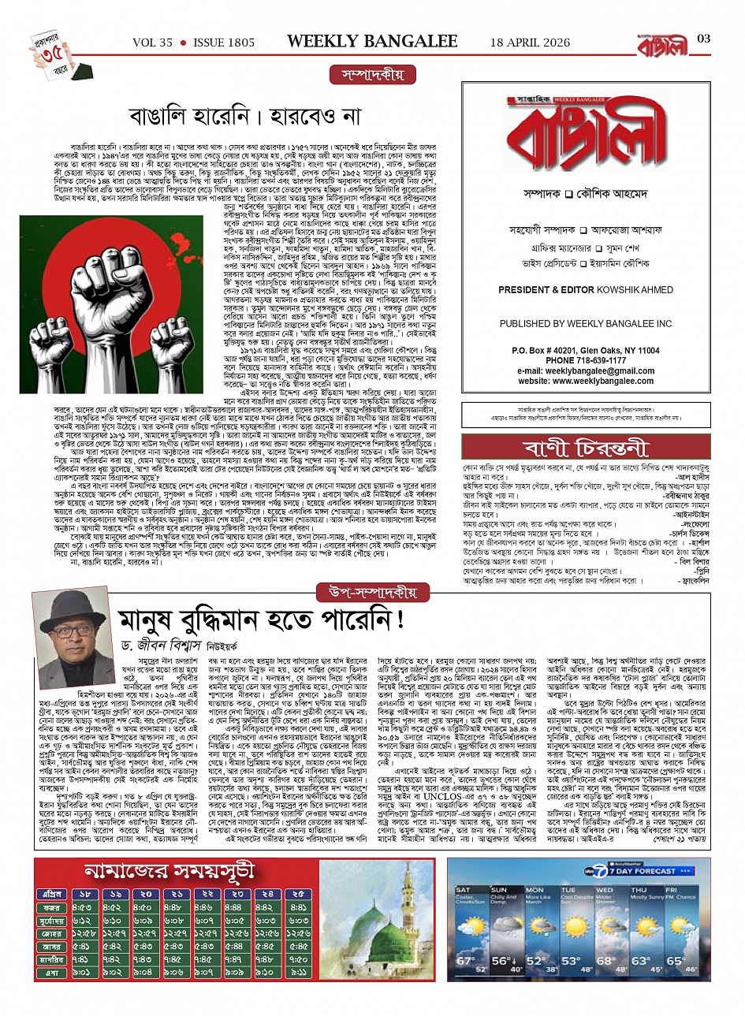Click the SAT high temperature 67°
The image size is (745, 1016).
click(x=465, y=962)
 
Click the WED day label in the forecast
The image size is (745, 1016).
click(x=604, y=891)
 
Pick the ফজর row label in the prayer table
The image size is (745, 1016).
click(x=52, y=907)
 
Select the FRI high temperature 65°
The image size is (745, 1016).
click(x=676, y=962)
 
